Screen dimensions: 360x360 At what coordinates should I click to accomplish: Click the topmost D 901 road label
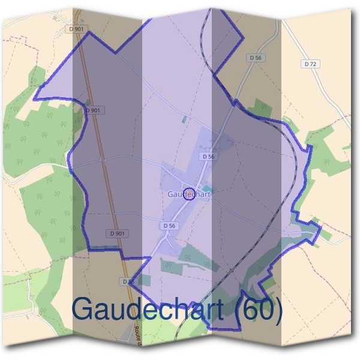(x=76, y=28)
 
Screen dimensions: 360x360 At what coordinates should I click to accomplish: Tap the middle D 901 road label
(x=93, y=110)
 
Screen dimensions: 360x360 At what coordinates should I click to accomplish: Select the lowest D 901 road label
(x=118, y=233)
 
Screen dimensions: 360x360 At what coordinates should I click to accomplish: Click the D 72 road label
(x=310, y=63)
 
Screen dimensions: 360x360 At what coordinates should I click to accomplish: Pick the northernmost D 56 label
(x=255, y=58)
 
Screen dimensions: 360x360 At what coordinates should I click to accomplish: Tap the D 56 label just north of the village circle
(x=208, y=156)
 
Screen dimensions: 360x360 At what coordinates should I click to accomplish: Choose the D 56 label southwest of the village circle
(x=169, y=226)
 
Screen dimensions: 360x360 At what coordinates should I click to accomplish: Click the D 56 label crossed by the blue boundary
(x=128, y=281)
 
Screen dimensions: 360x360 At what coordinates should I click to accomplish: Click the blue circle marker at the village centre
(x=188, y=194)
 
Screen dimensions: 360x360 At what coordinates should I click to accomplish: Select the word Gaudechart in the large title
(x=148, y=310)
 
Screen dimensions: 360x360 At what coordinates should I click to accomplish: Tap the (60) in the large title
(x=259, y=310)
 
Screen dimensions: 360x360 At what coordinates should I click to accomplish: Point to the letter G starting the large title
(x=83, y=310)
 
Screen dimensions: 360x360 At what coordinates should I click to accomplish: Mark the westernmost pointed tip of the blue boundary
(x=34, y=98)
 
